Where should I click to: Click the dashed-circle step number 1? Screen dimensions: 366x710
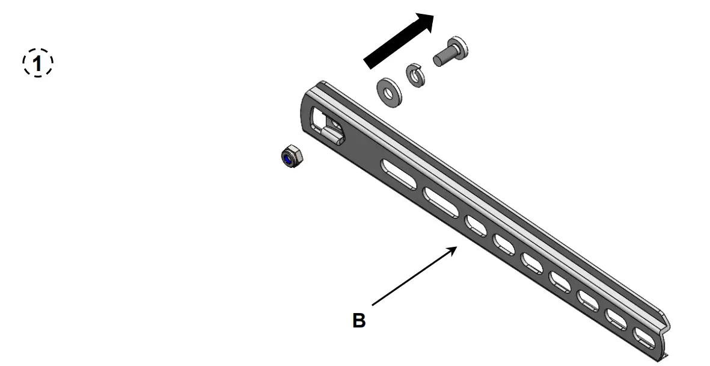coord(38,63)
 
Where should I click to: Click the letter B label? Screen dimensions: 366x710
coord(358,320)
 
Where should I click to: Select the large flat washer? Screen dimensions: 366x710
coord(387,91)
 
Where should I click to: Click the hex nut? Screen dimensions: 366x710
coord(287,157)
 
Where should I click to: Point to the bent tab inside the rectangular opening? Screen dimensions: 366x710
coord(332,128)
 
